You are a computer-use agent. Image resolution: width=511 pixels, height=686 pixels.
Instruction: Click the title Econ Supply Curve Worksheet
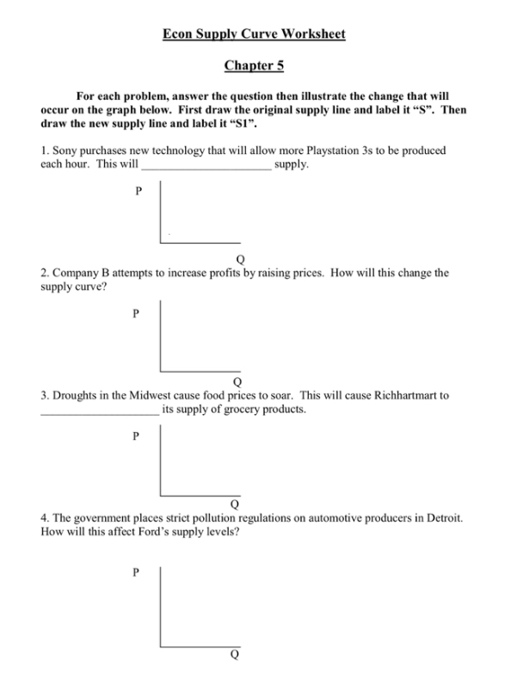pos(255,34)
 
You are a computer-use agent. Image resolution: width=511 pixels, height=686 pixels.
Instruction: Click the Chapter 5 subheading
pos(255,65)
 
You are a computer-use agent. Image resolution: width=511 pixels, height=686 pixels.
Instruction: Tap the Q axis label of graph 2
pos(237,381)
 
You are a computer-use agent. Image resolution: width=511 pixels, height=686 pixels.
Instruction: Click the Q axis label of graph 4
pos(233,654)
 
